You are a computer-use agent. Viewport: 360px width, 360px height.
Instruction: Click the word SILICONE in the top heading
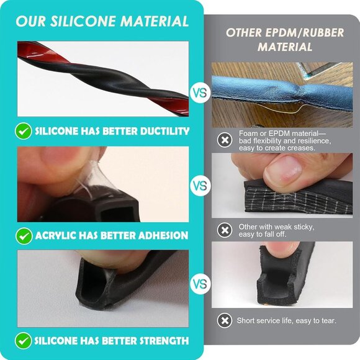(83, 21)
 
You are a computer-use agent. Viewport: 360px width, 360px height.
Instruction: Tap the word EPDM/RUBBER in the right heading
(305, 33)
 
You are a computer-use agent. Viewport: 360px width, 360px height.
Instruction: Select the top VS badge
(200, 92)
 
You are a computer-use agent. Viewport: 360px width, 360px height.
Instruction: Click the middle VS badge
(200, 186)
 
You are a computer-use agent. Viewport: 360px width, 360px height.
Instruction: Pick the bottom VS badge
(200, 284)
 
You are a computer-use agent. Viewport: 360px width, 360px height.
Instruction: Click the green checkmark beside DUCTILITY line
(24, 131)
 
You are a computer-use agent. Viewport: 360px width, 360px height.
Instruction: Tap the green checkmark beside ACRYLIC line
(24, 236)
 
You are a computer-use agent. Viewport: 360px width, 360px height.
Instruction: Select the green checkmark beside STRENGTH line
(24, 341)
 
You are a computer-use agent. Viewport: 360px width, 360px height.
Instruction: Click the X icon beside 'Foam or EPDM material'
(225, 140)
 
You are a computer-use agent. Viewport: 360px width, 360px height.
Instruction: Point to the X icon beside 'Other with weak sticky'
(225, 230)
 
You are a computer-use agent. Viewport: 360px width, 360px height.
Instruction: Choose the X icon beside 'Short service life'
(225, 320)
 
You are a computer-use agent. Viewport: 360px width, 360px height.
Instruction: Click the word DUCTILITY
(164, 131)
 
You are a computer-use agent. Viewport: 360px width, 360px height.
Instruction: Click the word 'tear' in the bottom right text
(329, 320)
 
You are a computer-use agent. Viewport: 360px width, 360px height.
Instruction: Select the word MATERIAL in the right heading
(285, 47)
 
